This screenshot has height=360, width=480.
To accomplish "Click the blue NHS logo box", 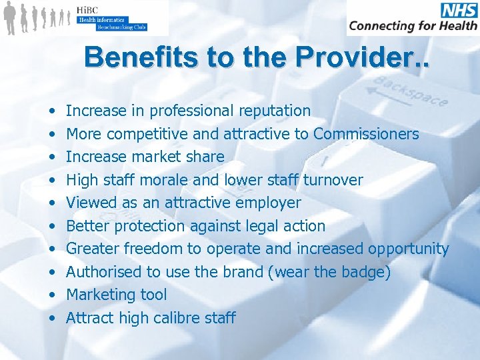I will click(458, 11).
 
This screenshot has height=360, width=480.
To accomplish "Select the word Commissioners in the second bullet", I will click(366, 134).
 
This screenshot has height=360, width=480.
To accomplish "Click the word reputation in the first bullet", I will click(273, 111).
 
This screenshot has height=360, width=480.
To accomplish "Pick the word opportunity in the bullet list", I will click(408, 249).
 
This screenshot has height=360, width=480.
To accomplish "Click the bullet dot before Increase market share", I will click(51, 157).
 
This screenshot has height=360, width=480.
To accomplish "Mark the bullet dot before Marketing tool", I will click(51, 295).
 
